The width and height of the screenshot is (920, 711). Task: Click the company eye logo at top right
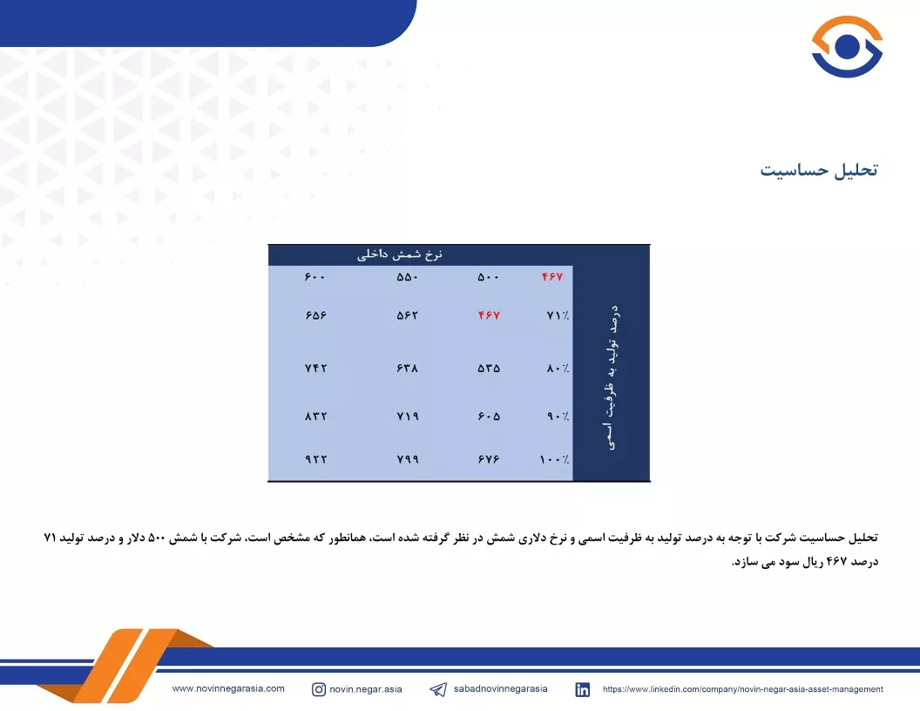(847, 46)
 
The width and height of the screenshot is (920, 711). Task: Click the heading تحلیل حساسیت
(819, 170)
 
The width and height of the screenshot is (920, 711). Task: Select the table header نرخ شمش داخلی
(400, 254)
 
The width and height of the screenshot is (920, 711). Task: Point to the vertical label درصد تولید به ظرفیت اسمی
(612, 377)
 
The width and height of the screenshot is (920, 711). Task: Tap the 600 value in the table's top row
(315, 277)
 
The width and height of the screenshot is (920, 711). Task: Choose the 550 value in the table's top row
(407, 277)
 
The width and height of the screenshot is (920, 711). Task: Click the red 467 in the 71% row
(489, 315)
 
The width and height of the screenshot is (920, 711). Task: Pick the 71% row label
(558, 315)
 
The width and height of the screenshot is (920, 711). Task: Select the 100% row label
(554, 459)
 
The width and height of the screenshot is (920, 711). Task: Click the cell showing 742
(315, 369)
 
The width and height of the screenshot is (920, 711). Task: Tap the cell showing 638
(407, 369)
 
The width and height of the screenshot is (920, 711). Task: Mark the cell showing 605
(489, 416)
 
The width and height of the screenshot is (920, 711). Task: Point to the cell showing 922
(315, 459)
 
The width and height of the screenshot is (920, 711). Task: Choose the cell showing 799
(408, 459)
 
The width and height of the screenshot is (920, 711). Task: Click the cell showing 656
(315, 315)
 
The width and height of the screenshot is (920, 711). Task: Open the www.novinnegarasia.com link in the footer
(228, 688)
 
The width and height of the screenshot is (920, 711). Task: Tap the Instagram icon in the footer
(319, 689)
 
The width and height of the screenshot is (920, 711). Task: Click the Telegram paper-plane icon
(438, 689)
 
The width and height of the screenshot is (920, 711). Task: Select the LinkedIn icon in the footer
(583, 689)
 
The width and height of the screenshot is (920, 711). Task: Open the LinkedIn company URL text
(743, 689)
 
